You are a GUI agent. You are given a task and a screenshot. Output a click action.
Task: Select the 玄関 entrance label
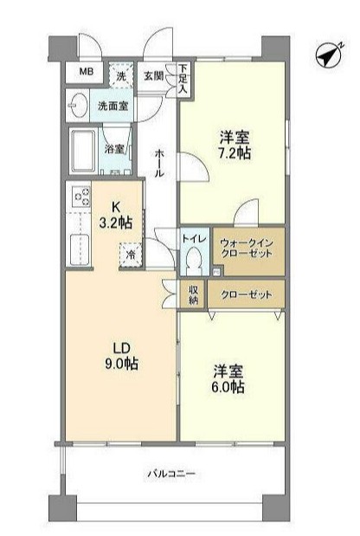click(153, 76)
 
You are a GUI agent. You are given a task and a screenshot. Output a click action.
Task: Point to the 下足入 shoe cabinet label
click(184, 80)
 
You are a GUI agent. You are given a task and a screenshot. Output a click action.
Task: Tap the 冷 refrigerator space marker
click(131, 255)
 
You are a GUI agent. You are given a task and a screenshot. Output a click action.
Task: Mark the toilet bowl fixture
click(194, 258)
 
